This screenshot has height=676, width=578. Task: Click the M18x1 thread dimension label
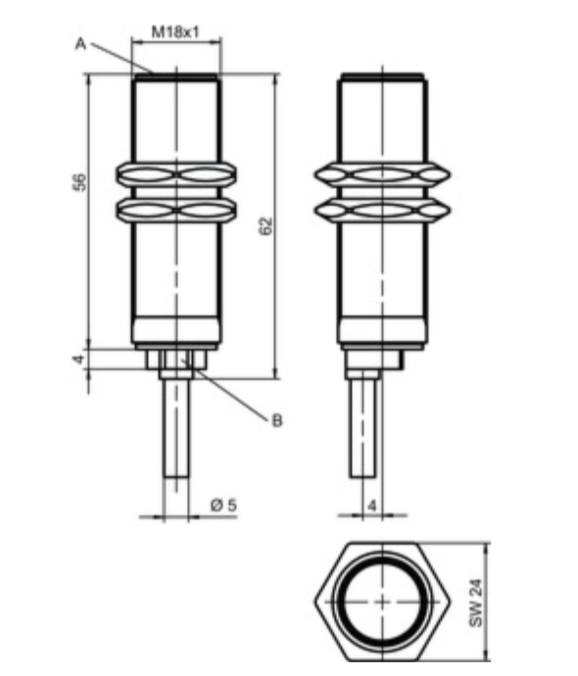tap(176, 31)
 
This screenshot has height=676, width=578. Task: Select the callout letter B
tap(277, 420)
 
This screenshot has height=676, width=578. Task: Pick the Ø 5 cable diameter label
tap(223, 506)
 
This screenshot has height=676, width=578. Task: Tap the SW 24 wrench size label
tap(476, 603)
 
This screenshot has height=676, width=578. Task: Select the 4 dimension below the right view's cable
tap(371, 506)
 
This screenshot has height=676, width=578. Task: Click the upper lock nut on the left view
tap(176, 175)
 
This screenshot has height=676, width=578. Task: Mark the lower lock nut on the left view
tap(176, 208)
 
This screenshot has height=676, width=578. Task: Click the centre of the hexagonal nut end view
tap(380, 601)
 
